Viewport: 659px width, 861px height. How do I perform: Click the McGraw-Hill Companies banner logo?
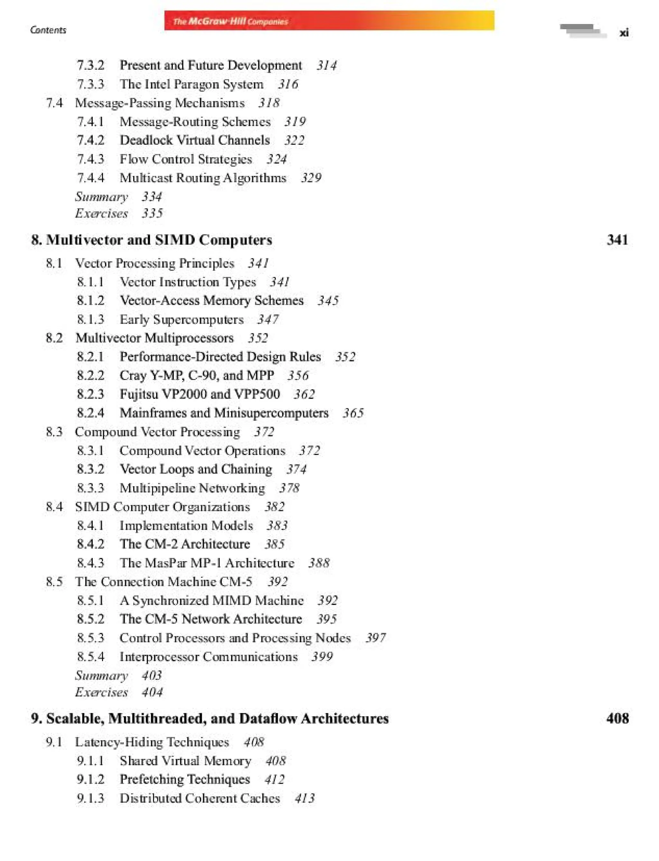[x=231, y=21]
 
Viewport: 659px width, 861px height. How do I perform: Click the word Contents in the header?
[x=48, y=30]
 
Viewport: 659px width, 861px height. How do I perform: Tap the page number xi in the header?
[x=624, y=33]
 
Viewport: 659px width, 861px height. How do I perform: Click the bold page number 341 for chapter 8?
[x=617, y=240]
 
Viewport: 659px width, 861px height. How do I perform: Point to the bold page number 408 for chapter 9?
[x=617, y=718]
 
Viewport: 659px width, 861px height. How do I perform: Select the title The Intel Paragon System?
[x=191, y=84]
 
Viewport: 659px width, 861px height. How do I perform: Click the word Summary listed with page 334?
[x=102, y=197]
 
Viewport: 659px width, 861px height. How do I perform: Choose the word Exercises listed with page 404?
[x=102, y=692]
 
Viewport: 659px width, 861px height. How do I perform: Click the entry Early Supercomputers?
[x=181, y=319]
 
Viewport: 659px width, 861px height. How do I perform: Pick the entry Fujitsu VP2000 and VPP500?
[x=200, y=394]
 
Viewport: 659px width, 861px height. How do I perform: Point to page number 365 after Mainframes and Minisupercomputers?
[x=353, y=413]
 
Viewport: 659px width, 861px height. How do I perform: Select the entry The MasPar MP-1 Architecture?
[x=207, y=563]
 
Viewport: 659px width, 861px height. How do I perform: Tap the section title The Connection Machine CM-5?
[x=163, y=581]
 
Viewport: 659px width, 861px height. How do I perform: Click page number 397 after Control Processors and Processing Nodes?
[x=376, y=638]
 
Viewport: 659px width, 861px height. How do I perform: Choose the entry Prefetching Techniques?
[x=185, y=779]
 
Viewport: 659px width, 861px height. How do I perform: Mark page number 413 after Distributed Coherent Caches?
[x=304, y=798]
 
